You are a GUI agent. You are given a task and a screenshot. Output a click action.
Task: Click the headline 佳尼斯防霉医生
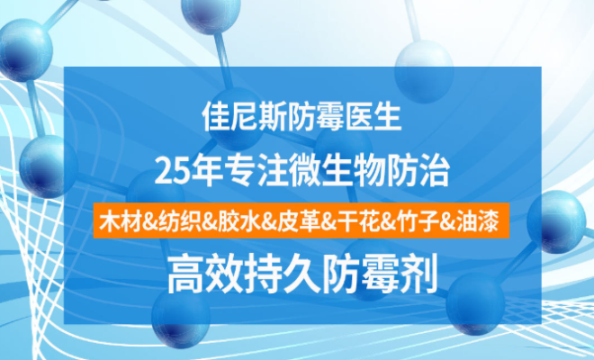(301, 117)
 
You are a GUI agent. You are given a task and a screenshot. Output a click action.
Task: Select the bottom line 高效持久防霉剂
(302, 274)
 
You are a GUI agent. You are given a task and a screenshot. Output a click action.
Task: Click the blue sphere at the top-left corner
(25, 50)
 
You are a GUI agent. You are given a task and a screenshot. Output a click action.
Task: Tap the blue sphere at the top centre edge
(211, 14)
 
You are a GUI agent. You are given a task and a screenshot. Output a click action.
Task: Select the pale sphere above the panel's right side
(424, 71)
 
